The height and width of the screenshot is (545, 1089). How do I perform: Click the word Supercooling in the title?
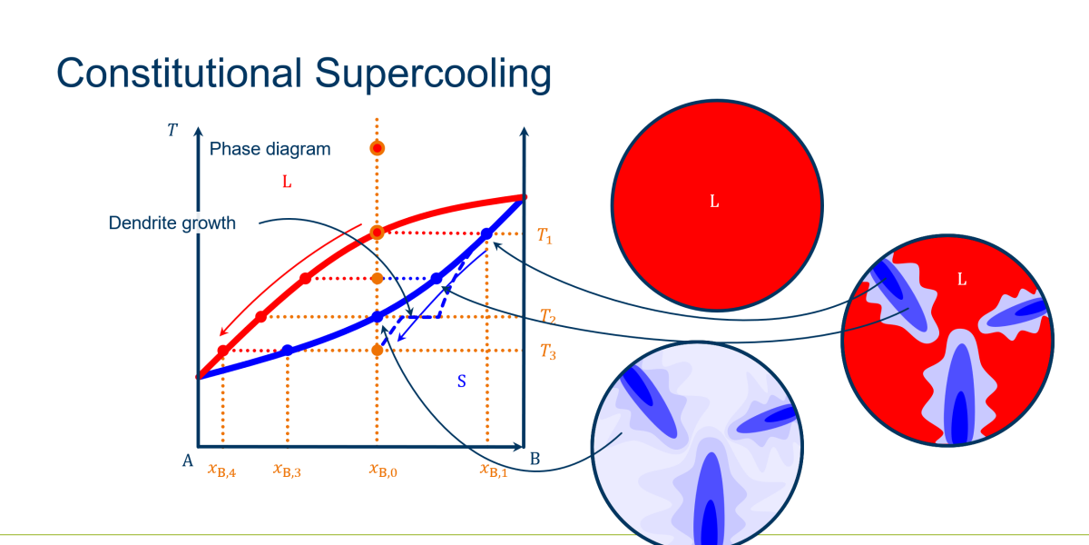pyautogui.click(x=433, y=74)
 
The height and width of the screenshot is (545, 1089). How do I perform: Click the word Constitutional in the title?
pyautogui.click(x=179, y=73)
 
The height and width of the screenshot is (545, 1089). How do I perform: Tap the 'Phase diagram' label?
pyautogui.click(x=270, y=149)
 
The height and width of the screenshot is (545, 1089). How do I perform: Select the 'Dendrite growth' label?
pyautogui.click(x=172, y=223)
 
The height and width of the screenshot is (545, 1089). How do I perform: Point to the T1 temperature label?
pyautogui.click(x=544, y=236)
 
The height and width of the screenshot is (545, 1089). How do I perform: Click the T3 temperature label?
pyautogui.click(x=548, y=352)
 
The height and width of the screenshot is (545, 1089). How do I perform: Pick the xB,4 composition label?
pyautogui.click(x=221, y=471)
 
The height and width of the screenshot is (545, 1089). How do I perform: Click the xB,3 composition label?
pyautogui.click(x=287, y=471)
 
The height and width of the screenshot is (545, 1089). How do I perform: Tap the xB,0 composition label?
pyautogui.click(x=383, y=471)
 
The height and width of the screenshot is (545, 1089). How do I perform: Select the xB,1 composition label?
pyautogui.click(x=494, y=471)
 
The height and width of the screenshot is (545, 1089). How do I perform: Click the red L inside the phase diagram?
pyautogui.click(x=287, y=182)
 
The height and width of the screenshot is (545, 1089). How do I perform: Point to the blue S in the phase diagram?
pyautogui.click(x=462, y=381)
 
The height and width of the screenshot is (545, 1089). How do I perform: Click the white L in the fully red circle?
pyautogui.click(x=714, y=201)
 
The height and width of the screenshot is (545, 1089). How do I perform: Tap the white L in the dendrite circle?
pyautogui.click(x=962, y=280)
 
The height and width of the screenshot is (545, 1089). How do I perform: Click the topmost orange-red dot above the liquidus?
pyautogui.click(x=378, y=148)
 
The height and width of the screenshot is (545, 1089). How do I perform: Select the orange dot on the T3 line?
pyautogui.click(x=377, y=350)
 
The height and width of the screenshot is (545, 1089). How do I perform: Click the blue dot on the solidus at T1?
pyautogui.click(x=486, y=234)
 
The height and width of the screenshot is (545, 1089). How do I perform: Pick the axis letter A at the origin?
pyautogui.click(x=188, y=461)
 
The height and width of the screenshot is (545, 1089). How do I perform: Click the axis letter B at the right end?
pyautogui.click(x=535, y=459)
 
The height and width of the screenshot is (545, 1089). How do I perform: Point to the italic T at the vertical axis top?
pyautogui.click(x=172, y=130)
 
